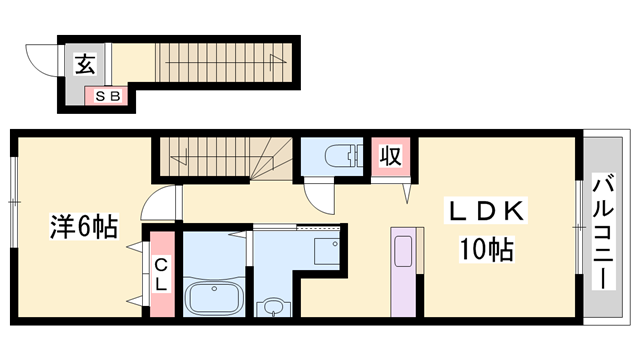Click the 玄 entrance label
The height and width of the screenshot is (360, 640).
click(x=86, y=64)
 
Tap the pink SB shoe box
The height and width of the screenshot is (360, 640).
click(x=107, y=96)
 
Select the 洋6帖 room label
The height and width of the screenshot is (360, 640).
click(x=84, y=226)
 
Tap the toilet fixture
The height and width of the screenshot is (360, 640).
click(x=343, y=156)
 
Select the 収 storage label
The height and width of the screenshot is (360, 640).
click(x=391, y=155)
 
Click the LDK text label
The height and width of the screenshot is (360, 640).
click(x=486, y=211)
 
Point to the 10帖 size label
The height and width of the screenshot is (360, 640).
click(x=487, y=249)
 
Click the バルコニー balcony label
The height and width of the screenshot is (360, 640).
click(x=603, y=231)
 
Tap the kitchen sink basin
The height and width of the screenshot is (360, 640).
click(x=403, y=251)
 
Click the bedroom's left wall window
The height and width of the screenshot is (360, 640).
click(x=14, y=202)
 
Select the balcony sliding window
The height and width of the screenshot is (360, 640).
click(x=579, y=227)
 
